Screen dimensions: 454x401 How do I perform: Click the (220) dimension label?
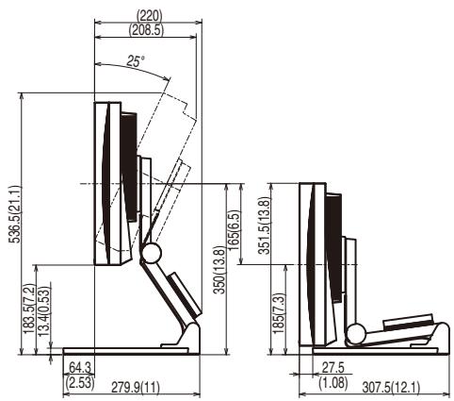[x=149, y=15]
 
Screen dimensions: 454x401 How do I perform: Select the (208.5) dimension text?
[x=146, y=30]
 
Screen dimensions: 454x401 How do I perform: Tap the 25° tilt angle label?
[x=136, y=60]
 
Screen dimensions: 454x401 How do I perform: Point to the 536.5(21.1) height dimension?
[x=15, y=214]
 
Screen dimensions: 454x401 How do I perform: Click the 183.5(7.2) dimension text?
[x=29, y=309]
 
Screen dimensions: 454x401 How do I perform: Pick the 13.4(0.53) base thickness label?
[x=44, y=311]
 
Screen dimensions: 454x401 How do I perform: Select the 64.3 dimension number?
[x=80, y=367]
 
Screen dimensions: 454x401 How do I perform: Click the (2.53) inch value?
[x=80, y=382]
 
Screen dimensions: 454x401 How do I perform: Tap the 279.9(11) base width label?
[x=136, y=387]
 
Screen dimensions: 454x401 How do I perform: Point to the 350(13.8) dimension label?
[x=219, y=270]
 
